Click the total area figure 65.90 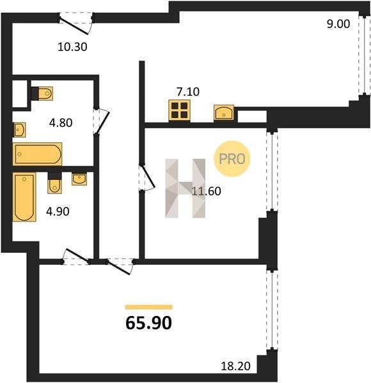coord(148,323)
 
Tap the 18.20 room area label coord(235,366)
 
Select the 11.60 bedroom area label coord(207,191)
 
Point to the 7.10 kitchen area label coord(188,92)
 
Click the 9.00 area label coord(338,24)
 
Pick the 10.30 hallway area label coord(72,47)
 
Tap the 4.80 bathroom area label coord(61,123)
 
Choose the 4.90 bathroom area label coord(58,211)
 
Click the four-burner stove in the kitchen coord(179,110)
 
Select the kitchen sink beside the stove coord(224,112)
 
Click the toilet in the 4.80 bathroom coord(42,93)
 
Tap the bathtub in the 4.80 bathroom coord(37,154)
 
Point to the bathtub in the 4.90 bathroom coord(24,197)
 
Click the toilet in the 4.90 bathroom coord(54,183)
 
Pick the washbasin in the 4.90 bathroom coord(79,179)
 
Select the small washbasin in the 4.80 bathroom coord(19,130)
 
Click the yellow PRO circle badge coord(232,159)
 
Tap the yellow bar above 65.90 coord(149,307)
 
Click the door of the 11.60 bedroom coord(146,178)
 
